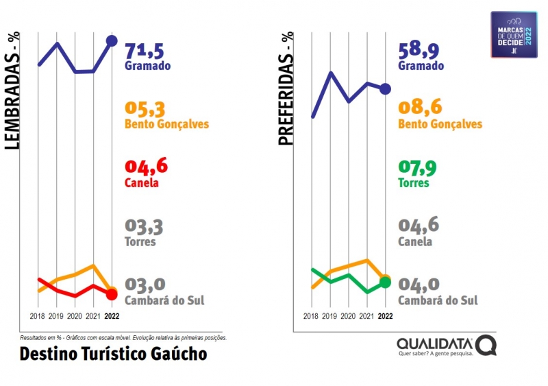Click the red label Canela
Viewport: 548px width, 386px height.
tap(142, 183)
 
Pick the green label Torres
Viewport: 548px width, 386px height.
tap(414, 183)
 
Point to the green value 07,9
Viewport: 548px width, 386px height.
tap(419, 167)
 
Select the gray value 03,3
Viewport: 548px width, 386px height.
tap(144, 226)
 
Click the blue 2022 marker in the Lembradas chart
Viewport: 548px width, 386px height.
tap(112, 41)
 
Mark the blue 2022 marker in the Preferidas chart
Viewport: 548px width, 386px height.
tap(385, 88)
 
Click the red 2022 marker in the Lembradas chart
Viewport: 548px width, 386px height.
tap(112, 295)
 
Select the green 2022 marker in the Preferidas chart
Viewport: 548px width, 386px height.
tap(385, 282)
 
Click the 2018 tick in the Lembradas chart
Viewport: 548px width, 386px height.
tap(38, 317)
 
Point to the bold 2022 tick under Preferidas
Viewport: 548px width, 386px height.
tap(385, 317)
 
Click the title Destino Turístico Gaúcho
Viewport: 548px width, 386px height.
tap(113, 354)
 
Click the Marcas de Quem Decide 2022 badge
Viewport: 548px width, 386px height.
tap(514, 35)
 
